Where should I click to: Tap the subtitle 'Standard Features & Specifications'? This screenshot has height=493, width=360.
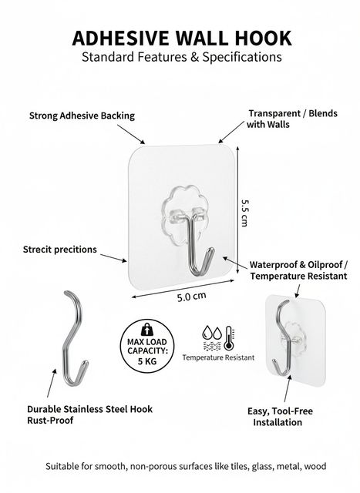pyautogui.click(x=182, y=57)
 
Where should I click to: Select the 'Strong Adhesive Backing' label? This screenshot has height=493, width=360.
pyautogui.click(x=82, y=116)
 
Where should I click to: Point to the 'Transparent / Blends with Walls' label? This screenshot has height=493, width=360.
pyautogui.click(x=291, y=119)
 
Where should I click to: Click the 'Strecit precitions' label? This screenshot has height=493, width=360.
pyautogui.click(x=60, y=250)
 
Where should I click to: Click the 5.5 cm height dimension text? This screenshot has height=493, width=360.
pyautogui.click(x=244, y=213)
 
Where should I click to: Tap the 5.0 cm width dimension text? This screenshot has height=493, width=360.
pyautogui.click(x=192, y=296)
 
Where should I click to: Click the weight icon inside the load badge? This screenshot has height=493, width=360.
pyautogui.click(x=146, y=330)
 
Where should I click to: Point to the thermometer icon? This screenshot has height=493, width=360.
pyautogui.click(x=229, y=338)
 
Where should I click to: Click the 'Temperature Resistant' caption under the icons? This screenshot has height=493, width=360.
pyautogui.click(x=218, y=357)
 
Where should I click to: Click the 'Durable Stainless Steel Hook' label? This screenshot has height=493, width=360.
pyautogui.click(x=89, y=409)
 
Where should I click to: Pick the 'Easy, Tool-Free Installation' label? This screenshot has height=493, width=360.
pyautogui.click(x=279, y=417)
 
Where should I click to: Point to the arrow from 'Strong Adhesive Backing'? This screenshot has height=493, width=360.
pyautogui.click(x=131, y=134)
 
